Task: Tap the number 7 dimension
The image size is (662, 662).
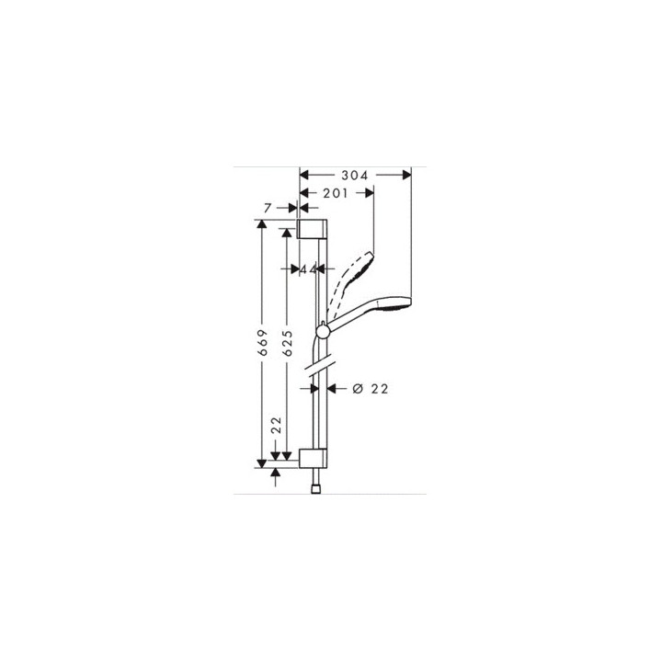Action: (268, 209)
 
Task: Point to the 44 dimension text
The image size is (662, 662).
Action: (308, 269)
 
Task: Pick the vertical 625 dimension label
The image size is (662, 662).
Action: (288, 344)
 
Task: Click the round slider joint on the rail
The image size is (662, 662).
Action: (323, 330)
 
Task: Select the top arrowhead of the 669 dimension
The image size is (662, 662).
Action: (263, 225)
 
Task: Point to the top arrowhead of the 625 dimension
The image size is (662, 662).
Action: (288, 235)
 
